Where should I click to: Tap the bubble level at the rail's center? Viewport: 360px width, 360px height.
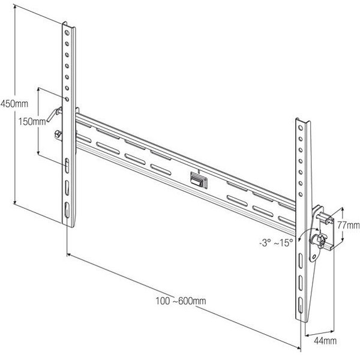(196, 178)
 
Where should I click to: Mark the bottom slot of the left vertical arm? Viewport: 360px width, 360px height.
(66, 211)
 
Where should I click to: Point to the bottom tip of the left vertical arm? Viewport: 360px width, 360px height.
(67, 224)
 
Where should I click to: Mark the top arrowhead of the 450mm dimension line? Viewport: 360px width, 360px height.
(14, 8)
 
